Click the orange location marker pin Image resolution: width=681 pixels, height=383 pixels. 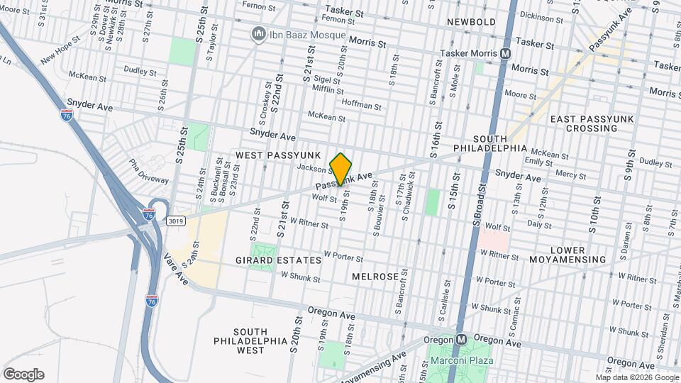[341, 170]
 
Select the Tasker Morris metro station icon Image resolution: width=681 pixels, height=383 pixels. [505, 53]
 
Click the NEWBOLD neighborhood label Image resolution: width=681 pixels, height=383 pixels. [471, 22]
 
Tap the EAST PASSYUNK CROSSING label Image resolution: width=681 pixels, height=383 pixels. [592, 123]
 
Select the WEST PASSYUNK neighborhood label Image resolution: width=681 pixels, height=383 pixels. [279, 155]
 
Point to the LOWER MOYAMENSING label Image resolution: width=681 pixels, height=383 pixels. [577, 255]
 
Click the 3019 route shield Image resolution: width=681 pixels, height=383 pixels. [176, 221]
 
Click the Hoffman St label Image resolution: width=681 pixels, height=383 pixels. [361, 106]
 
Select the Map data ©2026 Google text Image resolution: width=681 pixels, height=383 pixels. [636, 377]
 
